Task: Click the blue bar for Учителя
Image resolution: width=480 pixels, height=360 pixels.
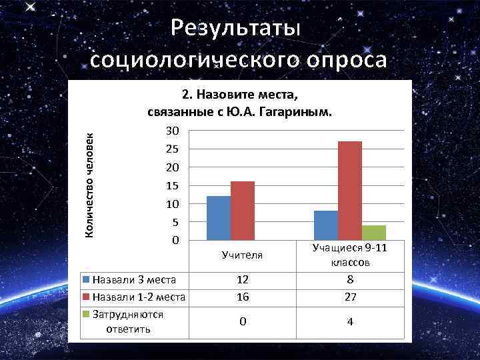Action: (219, 218)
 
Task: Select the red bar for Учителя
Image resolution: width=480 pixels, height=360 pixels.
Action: (243, 211)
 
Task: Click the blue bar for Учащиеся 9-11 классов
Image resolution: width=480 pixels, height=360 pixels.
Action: (326, 225)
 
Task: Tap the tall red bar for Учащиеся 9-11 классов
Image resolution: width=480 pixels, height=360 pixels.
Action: (350, 191)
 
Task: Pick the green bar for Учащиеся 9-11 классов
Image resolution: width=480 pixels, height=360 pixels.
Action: (374, 233)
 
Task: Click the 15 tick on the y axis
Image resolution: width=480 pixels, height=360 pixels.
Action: (173, 185)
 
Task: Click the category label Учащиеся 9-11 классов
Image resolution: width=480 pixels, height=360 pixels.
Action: (350, 256)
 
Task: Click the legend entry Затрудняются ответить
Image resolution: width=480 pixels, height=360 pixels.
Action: (127, 321)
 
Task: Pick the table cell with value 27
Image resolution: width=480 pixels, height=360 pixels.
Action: (350, 298)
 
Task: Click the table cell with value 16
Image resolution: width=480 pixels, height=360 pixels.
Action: (243, 298)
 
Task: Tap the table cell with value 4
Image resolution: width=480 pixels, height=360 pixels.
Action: (350, 322)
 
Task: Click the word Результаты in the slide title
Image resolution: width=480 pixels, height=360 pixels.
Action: (237, 28)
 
